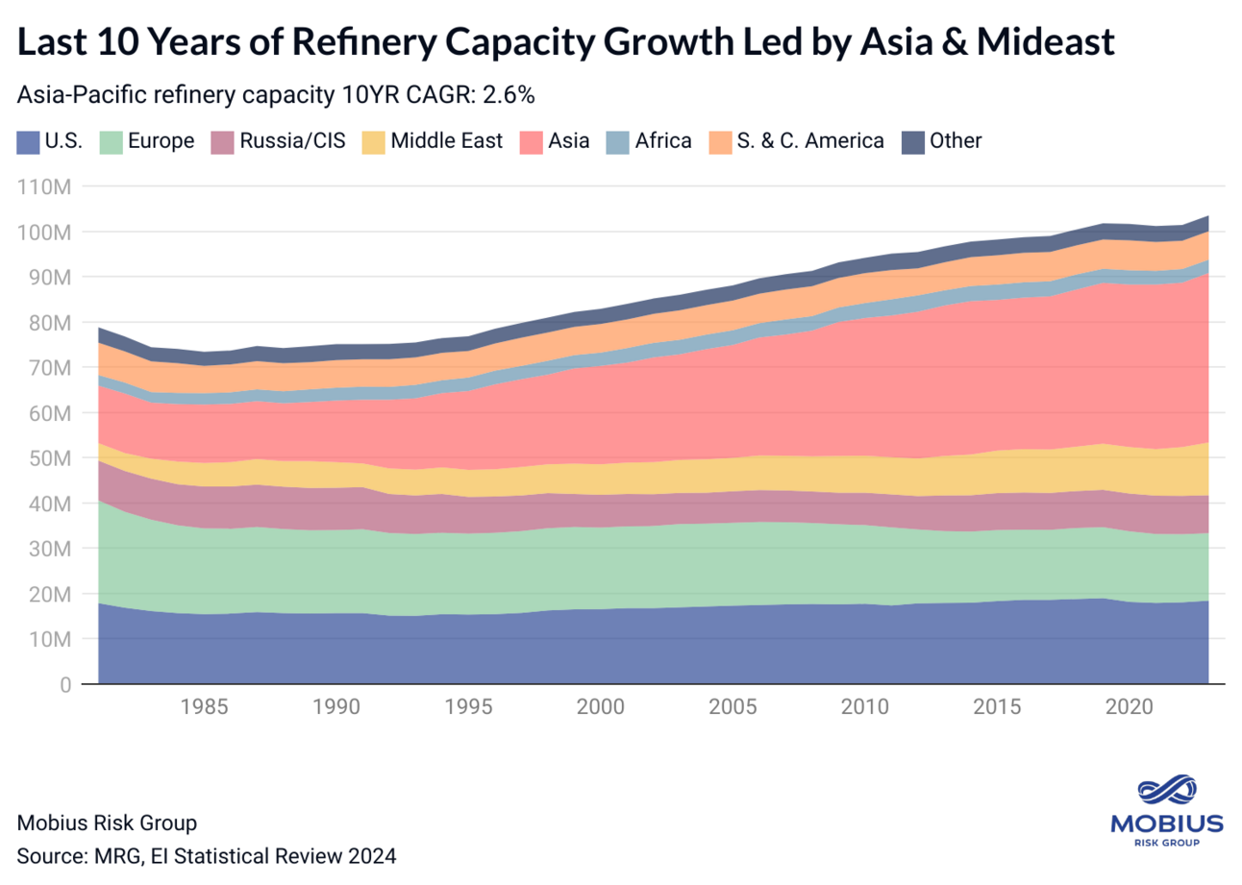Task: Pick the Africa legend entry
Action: pos(661,141)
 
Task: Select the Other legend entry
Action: pos(955,141)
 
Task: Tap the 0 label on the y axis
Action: pos(63,685)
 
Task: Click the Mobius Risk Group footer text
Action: pos(107,823)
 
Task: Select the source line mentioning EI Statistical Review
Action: pos(207,855)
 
